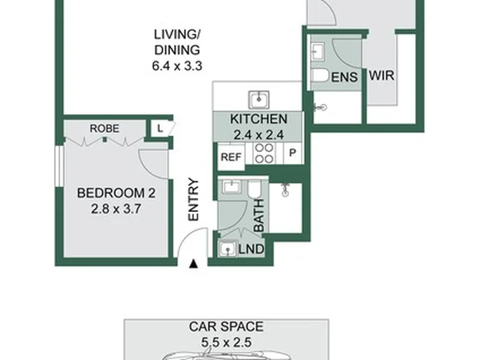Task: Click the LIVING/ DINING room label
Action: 177,42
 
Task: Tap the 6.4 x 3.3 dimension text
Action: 177,66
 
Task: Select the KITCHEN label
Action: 259,119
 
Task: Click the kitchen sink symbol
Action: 259,99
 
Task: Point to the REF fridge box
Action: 231,157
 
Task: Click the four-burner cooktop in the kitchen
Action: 264,153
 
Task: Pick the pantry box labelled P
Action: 293,153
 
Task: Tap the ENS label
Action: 345,77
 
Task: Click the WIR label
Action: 382,75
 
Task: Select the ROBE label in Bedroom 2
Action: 105,128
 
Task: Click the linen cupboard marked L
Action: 160,129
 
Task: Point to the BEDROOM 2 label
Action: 116,193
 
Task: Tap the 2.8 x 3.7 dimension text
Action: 116,209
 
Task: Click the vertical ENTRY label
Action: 193,199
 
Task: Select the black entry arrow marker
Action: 193,264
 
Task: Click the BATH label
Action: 259,215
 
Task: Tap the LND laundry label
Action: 251,249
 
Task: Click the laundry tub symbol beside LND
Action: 228,249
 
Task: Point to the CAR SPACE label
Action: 226,327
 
